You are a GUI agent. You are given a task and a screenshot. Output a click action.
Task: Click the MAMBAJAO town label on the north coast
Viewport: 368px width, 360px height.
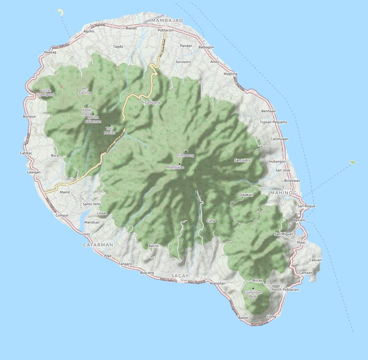[168, 20]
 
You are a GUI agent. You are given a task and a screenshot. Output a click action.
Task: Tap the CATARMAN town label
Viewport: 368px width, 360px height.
[98, 245]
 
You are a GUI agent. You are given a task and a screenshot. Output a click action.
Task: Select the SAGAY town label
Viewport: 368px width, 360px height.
[180, 275]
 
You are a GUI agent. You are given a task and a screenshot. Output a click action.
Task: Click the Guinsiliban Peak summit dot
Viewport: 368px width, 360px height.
[253, 288]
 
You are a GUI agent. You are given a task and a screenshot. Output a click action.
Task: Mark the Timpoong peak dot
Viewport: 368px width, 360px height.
[185, 152]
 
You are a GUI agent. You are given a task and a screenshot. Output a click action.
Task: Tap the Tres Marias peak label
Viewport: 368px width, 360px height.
[110, 131]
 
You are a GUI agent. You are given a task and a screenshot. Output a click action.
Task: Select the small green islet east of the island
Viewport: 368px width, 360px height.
[353, 162]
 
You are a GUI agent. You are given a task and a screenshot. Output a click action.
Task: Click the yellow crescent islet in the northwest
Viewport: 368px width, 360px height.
[61, 13]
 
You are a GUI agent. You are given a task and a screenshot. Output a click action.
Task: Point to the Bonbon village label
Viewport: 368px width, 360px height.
[29, 117]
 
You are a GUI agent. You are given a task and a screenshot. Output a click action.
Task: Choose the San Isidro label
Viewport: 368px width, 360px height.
[243, 160]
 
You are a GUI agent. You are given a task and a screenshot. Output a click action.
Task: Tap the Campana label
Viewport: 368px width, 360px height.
[152, 102]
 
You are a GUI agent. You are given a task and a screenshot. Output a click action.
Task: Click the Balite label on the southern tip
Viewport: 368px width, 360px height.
[243, 318]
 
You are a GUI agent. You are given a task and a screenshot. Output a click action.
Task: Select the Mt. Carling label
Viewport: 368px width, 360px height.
[85, 90]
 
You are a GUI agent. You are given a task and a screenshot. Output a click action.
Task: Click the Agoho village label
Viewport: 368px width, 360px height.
[88, 31]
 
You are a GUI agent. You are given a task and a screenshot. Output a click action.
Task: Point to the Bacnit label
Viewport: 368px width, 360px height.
[153, 246]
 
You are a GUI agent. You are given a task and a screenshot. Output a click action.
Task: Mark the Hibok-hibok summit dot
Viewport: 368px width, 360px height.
[93, 114]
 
